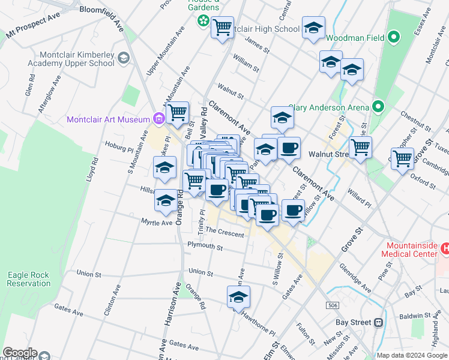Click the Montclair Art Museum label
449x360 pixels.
(108, 119)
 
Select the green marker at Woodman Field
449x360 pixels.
(394, 38)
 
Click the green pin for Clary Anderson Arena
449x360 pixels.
(378, 107)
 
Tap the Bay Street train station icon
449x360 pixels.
(378, 323)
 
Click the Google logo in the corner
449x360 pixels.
(20, 353)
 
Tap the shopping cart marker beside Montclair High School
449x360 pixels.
(222, 26)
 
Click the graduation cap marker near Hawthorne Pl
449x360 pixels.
(238, 297)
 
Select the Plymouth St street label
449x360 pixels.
(205, 247)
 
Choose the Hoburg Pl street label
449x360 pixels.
(118, 144)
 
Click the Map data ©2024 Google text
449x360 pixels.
(411, 355)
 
